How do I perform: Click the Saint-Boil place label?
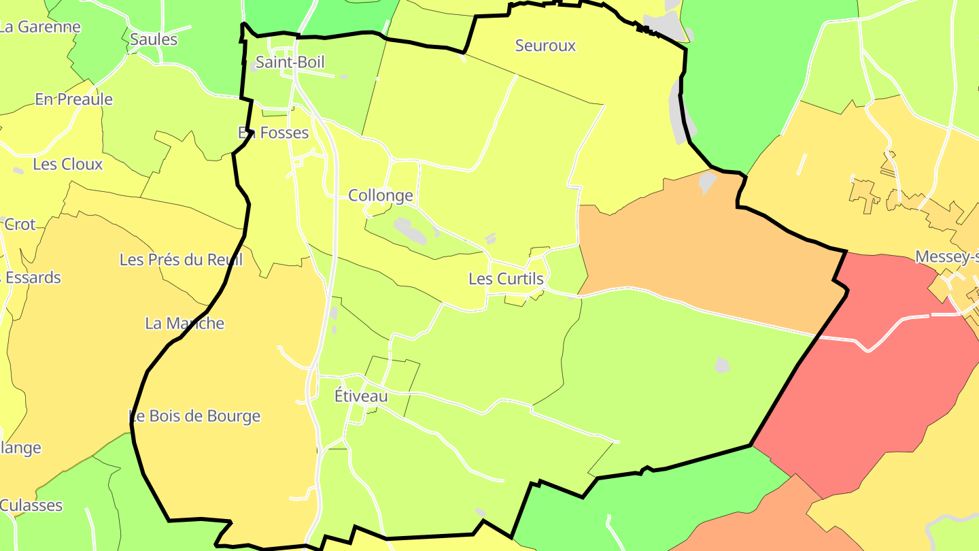click(x=290, y=63)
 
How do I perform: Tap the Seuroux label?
click(x=545, y=46)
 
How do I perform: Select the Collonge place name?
click(x=380, y=196)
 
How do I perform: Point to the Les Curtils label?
click(x=506, y=279)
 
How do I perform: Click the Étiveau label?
click(x=361, y=396)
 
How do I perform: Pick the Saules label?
click(x=154, y=39)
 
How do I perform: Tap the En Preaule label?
click(x=73, y=99)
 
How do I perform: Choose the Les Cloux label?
click(x=67, y=164)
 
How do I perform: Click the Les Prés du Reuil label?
click(x=181, y=260)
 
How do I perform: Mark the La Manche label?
click(x=184, y=323)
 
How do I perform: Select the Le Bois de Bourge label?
click(x=195, y=416)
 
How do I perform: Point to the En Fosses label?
click(x=273, y=133)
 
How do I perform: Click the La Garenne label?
click(x=39, y=27)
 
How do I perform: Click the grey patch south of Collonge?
click(x=411, y=231)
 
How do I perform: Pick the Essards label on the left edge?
click(x=31, y=278)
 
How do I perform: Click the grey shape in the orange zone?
click(x=707, y=182)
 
